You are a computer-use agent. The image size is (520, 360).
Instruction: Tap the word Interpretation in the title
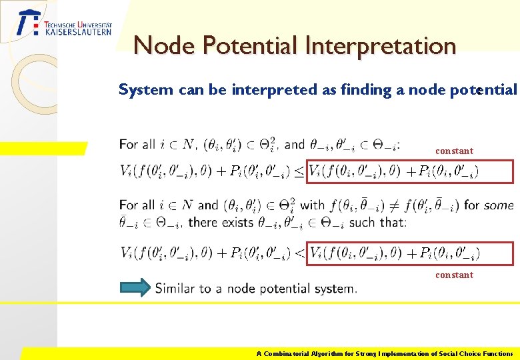pyautogui.click(x=381, y=46)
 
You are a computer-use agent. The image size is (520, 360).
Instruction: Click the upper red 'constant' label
pyautogui.click(x=454, y=151)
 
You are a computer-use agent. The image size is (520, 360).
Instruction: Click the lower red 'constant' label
pyautogui.click(x=454, y=275)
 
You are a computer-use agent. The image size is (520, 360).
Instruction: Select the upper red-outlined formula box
pyautogui.click(x=410, y=171)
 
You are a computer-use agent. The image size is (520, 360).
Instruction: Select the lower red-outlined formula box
pyautogui.click(x=410, y=253)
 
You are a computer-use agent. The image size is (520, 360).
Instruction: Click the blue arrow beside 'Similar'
pyautogui.click(x=135, y=287)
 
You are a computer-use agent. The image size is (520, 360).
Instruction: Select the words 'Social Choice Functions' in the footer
pyautogui.click(x=475, y=354)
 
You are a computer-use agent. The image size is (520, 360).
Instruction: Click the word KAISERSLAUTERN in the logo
pyautogui.click(x=78, y=31)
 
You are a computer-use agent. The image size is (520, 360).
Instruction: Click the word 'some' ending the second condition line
pyautogui.click(x=499, y=205)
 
